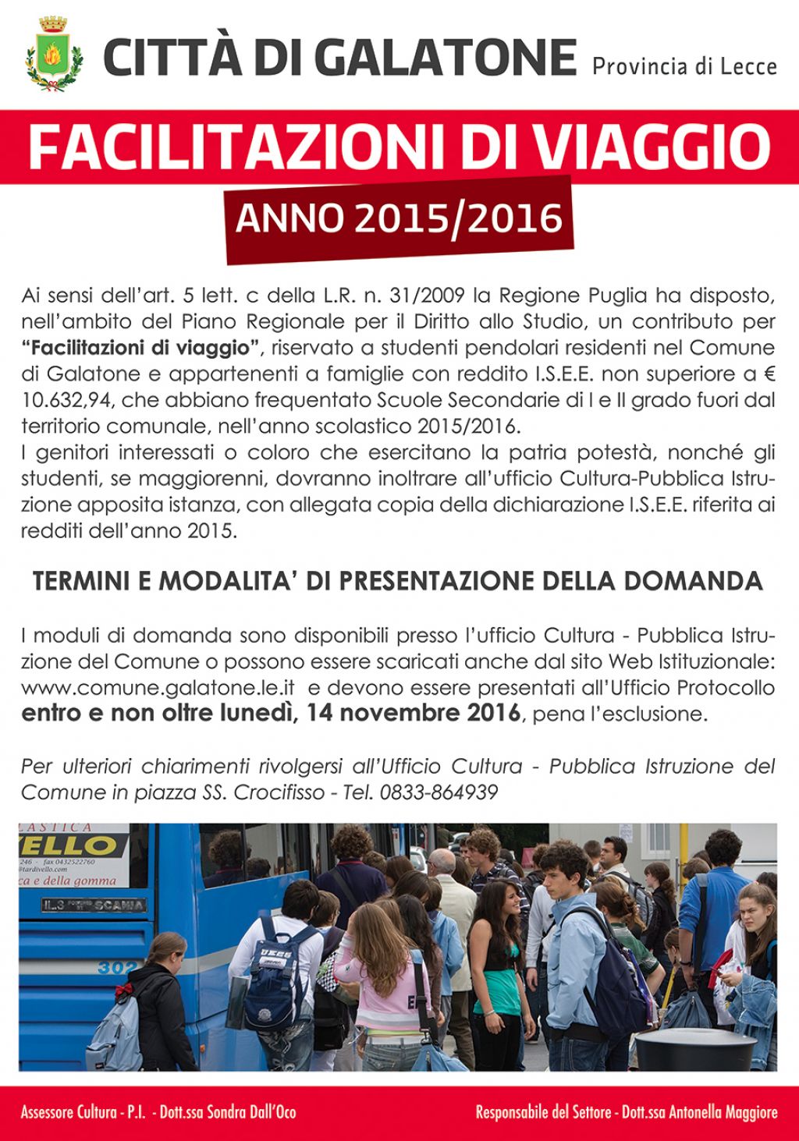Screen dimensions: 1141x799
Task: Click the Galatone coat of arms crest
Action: (53, 55)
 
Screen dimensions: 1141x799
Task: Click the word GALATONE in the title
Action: (447, 57)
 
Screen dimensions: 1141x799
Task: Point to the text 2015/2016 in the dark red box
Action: (458, 218)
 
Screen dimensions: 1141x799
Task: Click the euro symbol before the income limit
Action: (769, 374)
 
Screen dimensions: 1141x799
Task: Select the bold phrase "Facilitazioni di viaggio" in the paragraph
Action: (140, 347)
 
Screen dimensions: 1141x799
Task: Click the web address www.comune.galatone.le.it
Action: (158, 688)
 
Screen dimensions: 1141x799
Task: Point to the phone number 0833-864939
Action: (439, 792)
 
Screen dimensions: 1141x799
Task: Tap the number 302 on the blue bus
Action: (117, 967)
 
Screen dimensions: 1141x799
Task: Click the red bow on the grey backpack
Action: (123, 992)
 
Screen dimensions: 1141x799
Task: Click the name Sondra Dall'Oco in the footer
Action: (251, 1112)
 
